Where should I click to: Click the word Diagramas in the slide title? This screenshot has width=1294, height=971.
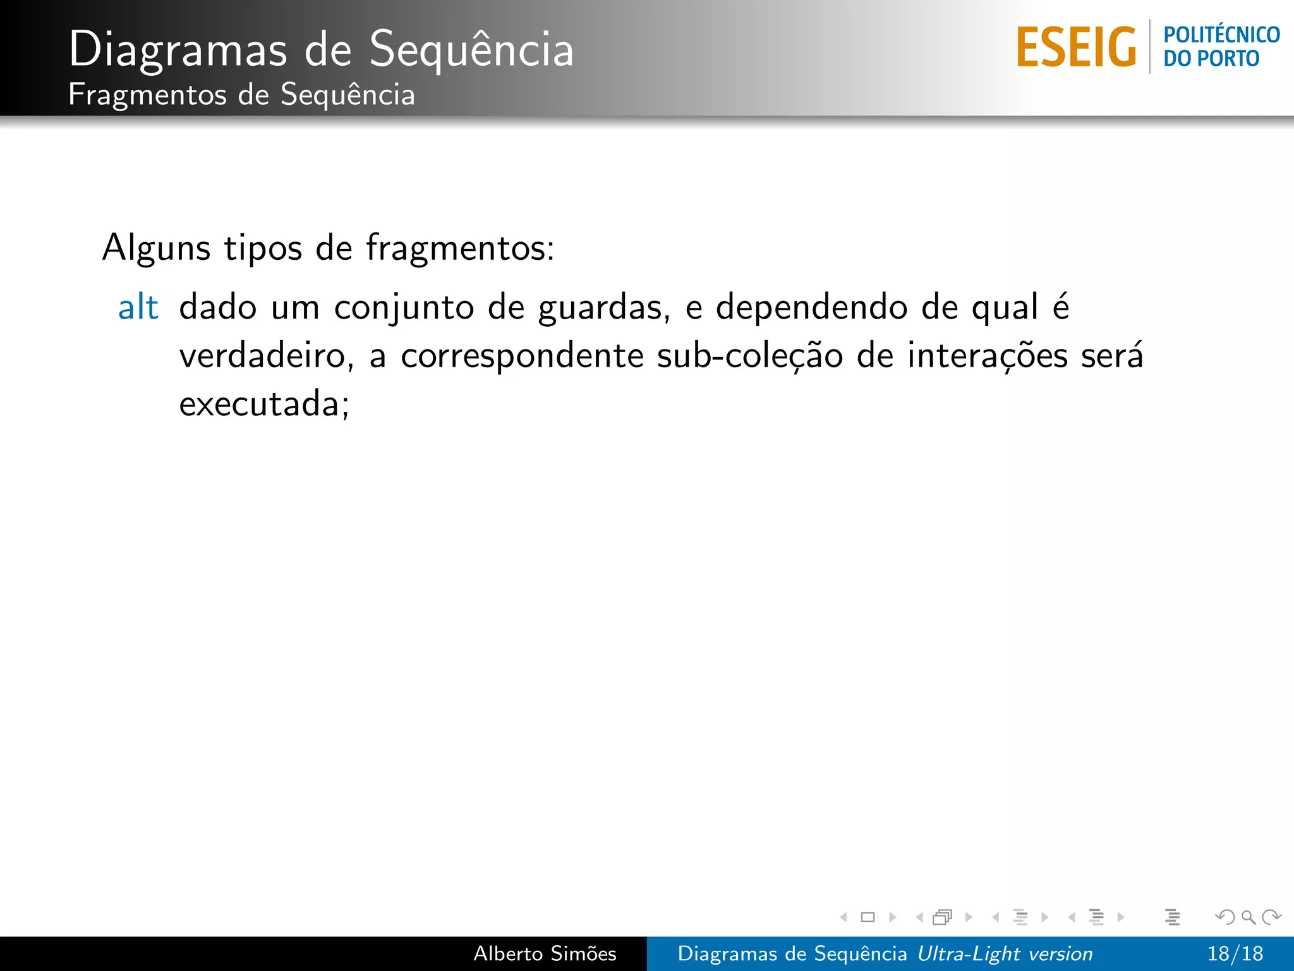tap(178, 49)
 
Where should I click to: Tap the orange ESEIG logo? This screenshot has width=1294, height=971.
tap(1076, 47)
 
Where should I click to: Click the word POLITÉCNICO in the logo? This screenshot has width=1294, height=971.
tap(1221, 35)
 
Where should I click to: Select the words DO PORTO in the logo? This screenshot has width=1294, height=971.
tap(1211, 59)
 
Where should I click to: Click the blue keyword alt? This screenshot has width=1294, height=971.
tap(138, 308)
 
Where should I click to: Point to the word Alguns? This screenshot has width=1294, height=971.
tap(156, 248)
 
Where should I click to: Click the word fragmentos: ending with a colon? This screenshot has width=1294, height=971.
tap(460, 248)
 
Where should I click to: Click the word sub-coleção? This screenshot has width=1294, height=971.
tap(750, 356)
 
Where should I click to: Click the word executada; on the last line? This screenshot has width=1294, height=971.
tap(264, 404)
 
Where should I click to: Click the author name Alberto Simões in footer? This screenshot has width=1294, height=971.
tap(545, 953)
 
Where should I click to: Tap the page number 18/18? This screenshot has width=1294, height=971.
tap(1235, 953)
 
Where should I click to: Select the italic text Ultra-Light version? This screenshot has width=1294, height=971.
tap(1005, 953)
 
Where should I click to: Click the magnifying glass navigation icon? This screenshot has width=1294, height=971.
tap(1248, 917)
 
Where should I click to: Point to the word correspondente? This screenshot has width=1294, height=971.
tap(522, 356)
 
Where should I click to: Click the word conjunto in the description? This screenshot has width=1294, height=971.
tap(404, 308)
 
